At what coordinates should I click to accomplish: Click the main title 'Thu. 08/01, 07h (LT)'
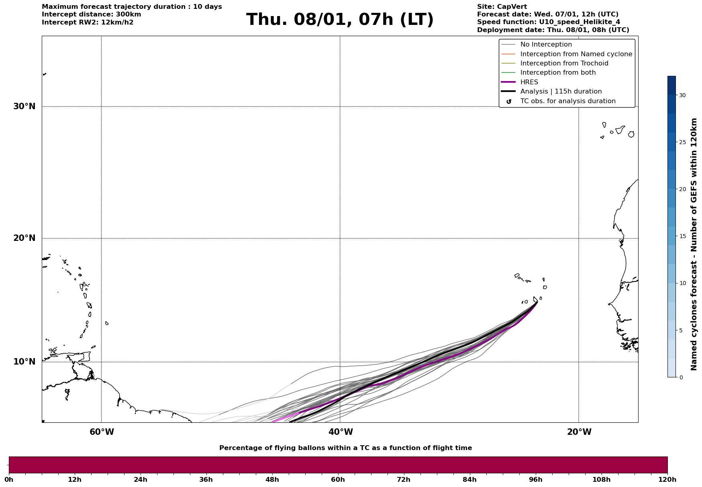tap(340, 20)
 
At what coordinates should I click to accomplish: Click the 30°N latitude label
tap(24, 106)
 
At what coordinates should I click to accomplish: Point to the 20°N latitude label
tap(24, 238)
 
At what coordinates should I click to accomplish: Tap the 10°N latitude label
tap(24, 362)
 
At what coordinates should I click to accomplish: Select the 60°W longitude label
tap(102, 432)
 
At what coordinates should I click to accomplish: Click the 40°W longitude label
tap(341, 432)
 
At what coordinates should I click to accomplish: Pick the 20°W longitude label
tap(579, 432)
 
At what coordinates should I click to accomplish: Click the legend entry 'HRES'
tap(529, 82)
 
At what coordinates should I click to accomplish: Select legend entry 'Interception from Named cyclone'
tap(576, 54)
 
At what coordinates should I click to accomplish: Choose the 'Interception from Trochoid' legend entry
tap(564, 63)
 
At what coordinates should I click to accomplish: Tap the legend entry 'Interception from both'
tap(558, 73)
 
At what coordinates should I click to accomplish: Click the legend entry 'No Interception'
tap(546, 45)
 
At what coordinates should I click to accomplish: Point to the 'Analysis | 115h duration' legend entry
tap(561, 92)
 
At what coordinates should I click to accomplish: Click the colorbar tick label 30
tap(682, 95)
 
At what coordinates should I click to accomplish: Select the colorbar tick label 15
tap(682, 236)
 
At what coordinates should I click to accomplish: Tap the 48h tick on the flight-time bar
tap(272, 480)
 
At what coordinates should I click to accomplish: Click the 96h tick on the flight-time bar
tap(535, 480)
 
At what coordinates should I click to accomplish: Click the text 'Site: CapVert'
tap(502, 7)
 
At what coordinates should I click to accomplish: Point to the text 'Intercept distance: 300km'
tap(91, 14)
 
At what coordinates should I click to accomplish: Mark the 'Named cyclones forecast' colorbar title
tap(694, 244)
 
